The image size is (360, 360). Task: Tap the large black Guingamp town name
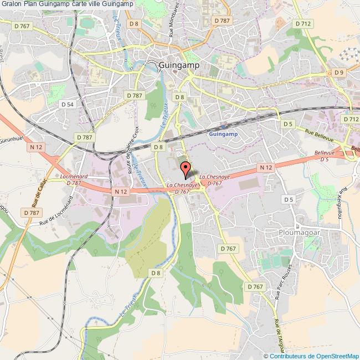(179, 65)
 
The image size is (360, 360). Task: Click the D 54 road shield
(68, 104)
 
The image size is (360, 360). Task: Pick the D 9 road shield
(338, 72)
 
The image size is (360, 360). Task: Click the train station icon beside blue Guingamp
(223, 126)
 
